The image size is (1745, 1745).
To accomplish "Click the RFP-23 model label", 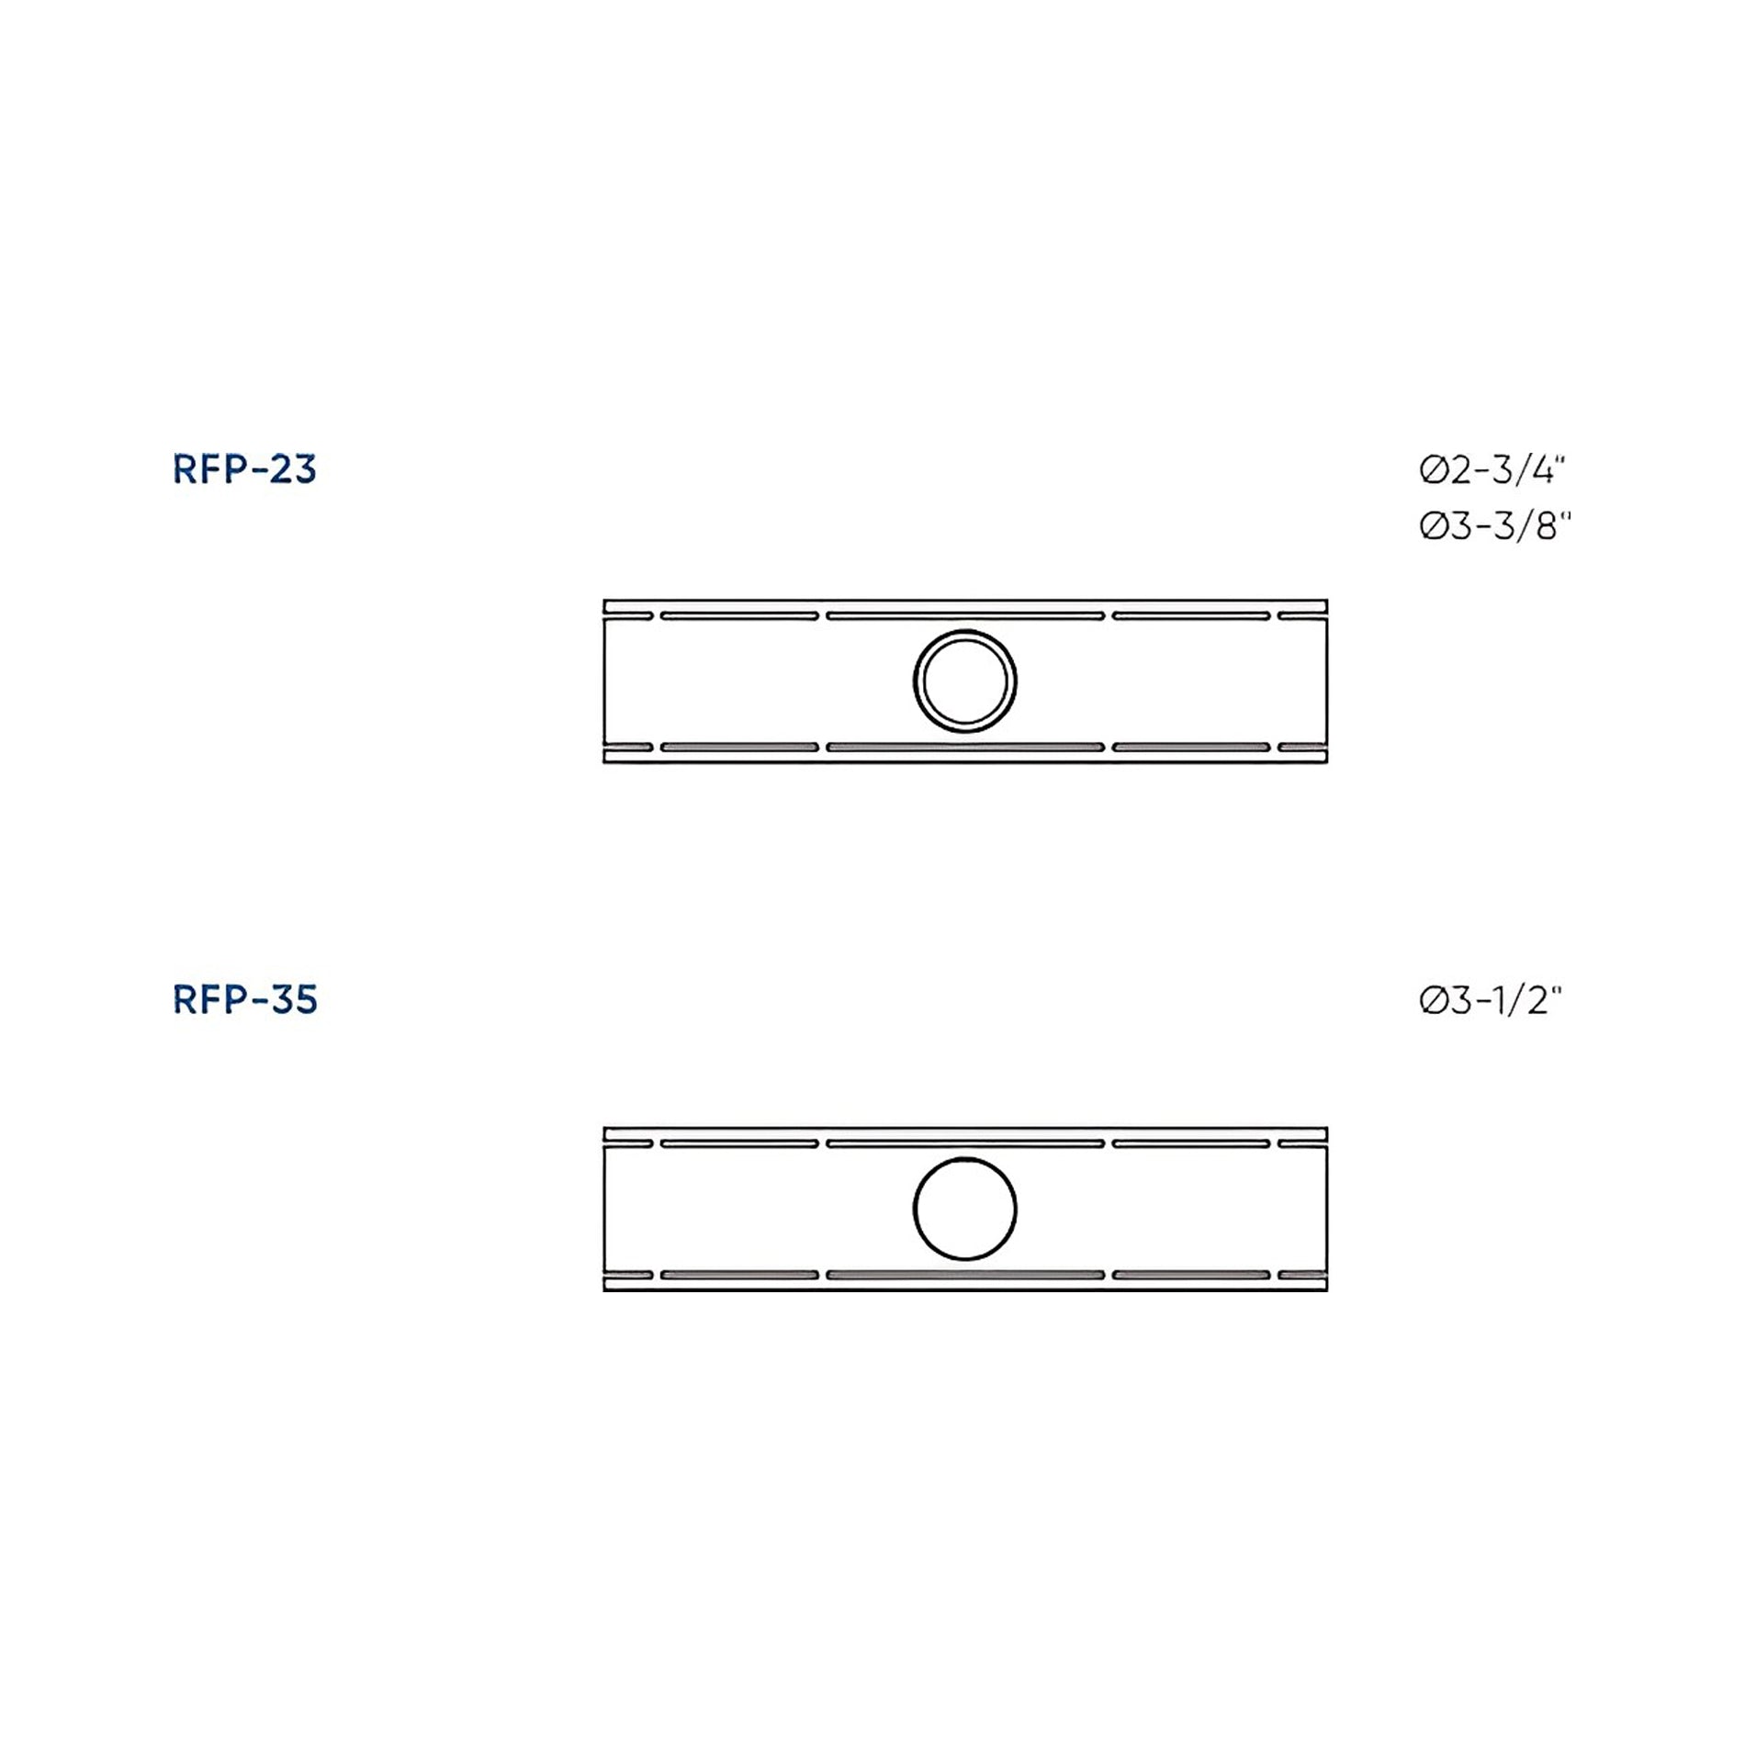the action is (244, 469).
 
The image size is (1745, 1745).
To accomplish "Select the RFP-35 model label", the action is (244, 999).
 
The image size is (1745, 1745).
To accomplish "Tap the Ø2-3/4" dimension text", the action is (1492, 470).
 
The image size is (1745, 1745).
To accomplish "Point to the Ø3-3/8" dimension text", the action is (1495, 526).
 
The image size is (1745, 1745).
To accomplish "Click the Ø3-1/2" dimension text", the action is (1490, 1000).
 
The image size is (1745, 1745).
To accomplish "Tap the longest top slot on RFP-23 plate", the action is (965, 615).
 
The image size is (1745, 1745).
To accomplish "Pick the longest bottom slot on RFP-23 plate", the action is (965, 748).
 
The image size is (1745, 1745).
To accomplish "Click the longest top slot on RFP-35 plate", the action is (965, 1143).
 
